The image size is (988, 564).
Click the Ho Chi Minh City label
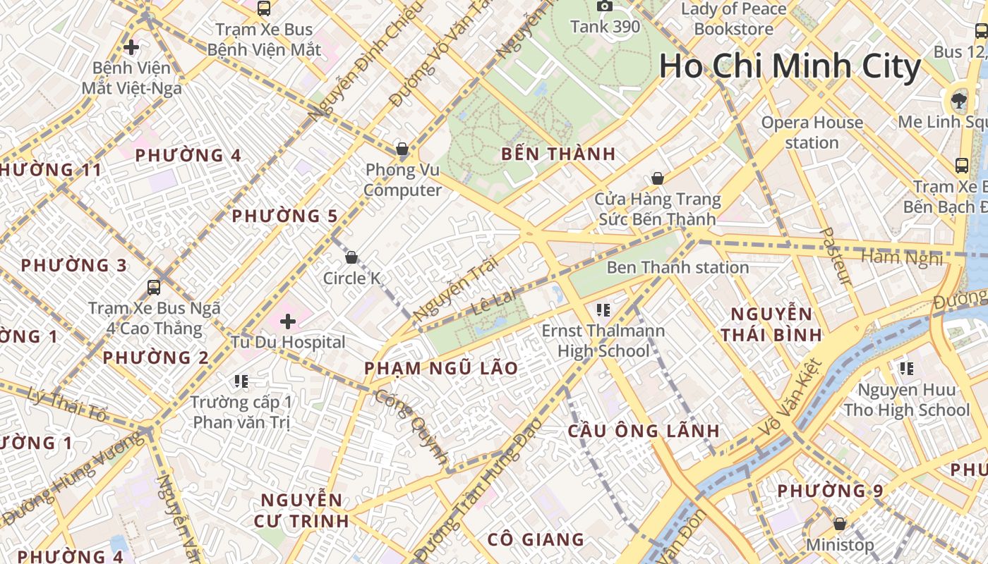point(790,67)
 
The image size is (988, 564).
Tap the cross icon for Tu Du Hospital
point(288,322)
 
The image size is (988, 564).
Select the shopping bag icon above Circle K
point(351,257)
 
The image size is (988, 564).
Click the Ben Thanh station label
point(677,267)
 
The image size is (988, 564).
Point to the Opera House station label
point(812,133)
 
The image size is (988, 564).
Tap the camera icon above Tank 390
point(605,6)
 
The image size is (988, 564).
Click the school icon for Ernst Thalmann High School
point(603,309)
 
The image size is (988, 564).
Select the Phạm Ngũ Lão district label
point(441,368)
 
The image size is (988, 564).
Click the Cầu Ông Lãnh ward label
point(644,431)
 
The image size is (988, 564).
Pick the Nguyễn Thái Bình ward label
point(771,324)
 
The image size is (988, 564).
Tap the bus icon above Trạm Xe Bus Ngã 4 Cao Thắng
point(154,287)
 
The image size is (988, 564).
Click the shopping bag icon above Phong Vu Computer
point(402,149)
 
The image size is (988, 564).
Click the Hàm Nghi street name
point(902,257)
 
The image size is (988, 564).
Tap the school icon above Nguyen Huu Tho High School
point(907,368)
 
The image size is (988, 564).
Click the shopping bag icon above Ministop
point(840,524)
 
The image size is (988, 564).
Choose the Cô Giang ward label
point(536,540)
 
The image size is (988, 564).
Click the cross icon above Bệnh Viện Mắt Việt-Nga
point(131,47)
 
